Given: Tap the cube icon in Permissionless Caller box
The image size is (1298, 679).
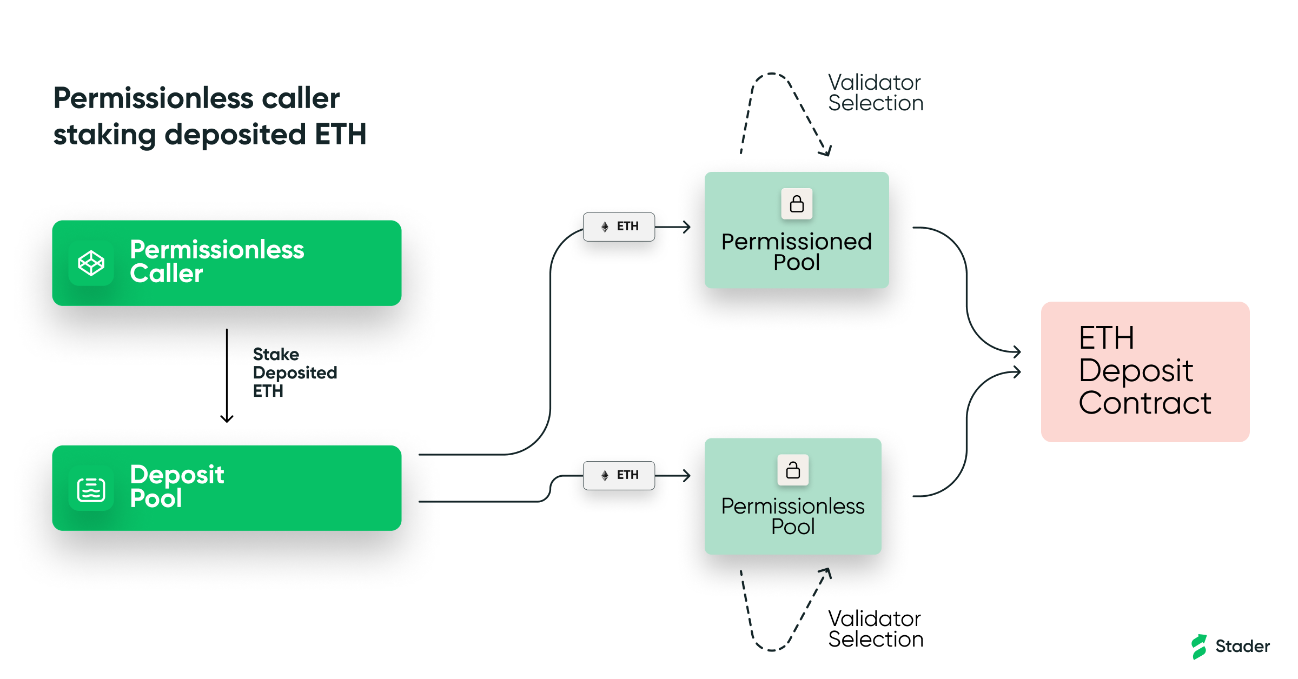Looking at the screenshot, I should [91, 263].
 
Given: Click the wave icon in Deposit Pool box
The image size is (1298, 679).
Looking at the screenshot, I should [91, 489].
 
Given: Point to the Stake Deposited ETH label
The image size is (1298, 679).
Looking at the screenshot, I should [294, 372].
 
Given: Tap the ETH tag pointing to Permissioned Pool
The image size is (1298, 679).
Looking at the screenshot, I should [619, 227].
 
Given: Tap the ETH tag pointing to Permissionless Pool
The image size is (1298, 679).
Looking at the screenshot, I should [619, 475].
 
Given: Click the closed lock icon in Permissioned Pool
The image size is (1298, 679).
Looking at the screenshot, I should [797, 204].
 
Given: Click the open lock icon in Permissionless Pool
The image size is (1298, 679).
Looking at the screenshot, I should [793, 470].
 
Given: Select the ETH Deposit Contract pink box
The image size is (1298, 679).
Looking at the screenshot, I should [1145, 371].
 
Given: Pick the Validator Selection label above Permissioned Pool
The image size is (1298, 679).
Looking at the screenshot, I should [875, 93].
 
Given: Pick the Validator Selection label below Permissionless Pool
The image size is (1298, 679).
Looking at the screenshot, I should [875, 629].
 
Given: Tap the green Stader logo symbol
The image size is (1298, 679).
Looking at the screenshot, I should [1198, 646].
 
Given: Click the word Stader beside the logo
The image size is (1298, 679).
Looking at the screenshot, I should [1242, 646].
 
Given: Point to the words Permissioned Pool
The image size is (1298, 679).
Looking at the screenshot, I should [796, 252].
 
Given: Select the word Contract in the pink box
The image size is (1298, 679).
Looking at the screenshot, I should [1144, 403].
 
